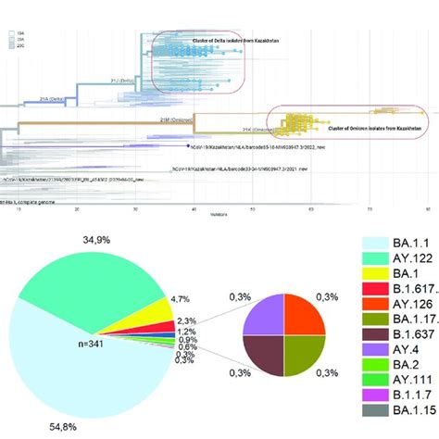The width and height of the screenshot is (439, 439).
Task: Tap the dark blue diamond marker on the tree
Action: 189,146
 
